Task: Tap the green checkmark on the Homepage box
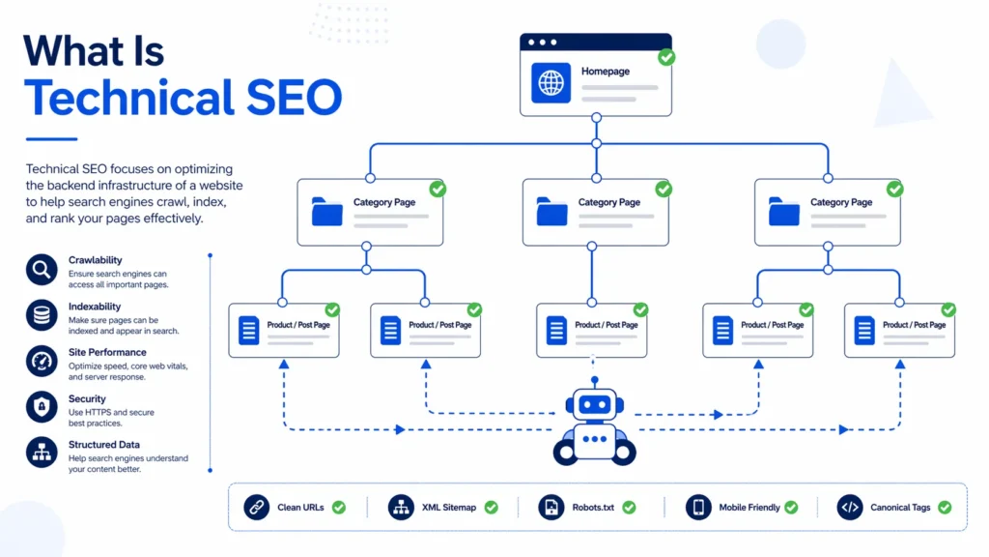coord(666,58)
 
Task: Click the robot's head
coord(595,405)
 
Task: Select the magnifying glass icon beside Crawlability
coord(42,270)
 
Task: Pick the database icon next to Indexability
coord(42,315)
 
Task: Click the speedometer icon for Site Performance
coord(42,362)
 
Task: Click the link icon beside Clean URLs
coord(256,507)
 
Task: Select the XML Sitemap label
coord(449,508)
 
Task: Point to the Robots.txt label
coord(594,508)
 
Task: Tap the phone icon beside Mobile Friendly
coord(698,507)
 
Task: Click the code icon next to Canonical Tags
coord(850,507)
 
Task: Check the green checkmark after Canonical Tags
coord(945,507)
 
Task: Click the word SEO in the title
coord(289,98)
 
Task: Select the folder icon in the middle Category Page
coord(551,212)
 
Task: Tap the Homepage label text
coord(605,72)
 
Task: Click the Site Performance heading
coord(107,352)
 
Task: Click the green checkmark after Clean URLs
coord(339,507)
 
